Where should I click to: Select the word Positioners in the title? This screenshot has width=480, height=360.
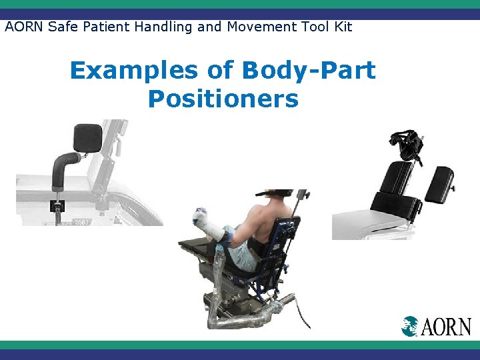[223, 99]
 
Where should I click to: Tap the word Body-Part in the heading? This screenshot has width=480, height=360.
[309, 71]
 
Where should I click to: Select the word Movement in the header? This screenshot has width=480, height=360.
[257, 27]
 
